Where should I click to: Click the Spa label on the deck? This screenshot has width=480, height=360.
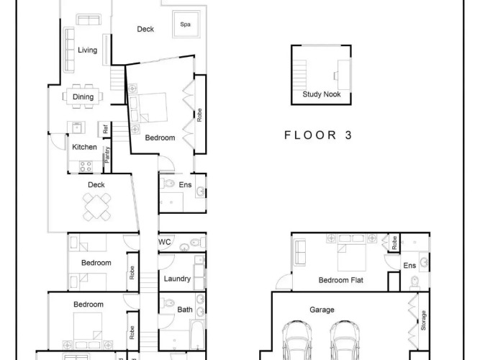tap(185, 24)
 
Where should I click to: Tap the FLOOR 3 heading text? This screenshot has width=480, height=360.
tap(318, 135)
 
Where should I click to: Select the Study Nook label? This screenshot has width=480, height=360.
tap(322, 94)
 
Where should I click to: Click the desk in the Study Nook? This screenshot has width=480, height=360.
tap(343, 75)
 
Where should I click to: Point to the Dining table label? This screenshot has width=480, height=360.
tap(83, 96)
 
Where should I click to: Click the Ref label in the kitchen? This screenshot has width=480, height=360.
tap(106, 130)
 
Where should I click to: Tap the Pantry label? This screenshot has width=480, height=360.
tap(107, 155)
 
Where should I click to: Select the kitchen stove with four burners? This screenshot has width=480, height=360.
tap(86, 166)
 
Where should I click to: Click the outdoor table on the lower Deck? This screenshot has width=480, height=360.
tap(96, 207)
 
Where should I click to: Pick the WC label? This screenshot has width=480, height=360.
tap(164, 242)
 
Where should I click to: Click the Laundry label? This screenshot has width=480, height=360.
tap(177, 279)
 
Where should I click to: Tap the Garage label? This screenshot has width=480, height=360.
tap(322, 310)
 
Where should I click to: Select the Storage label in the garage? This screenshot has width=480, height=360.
tap(423, 320)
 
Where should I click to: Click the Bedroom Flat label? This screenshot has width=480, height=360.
tap(340, 280)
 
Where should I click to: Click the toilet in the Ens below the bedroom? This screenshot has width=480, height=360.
tap(168, 184)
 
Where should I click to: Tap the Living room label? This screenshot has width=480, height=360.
tap(88, 50)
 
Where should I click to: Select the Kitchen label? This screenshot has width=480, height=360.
tap(84, 147)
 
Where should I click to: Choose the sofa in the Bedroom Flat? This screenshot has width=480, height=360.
tap(300, 252)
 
